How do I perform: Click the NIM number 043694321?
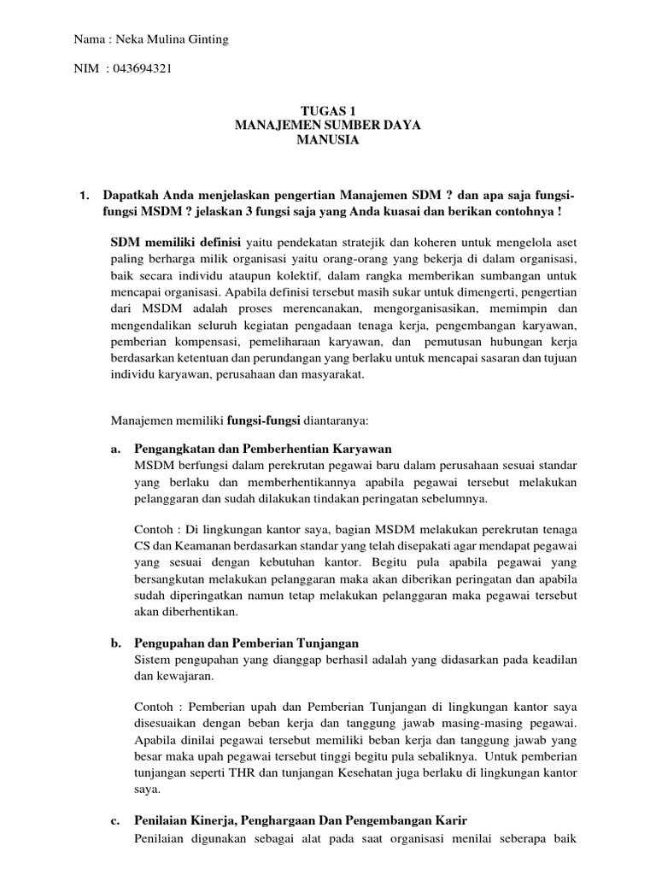pos(136,70)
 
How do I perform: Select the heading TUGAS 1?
pos(328,110)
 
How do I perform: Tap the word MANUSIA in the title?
pos(328,141)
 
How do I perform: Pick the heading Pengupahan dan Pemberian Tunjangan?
pos(246,643)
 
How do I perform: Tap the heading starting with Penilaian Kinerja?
pos(301,820)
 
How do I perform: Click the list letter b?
pos(116,643)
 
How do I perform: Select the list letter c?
pos(116,820)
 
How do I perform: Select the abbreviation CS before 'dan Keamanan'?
pos(143,538)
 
